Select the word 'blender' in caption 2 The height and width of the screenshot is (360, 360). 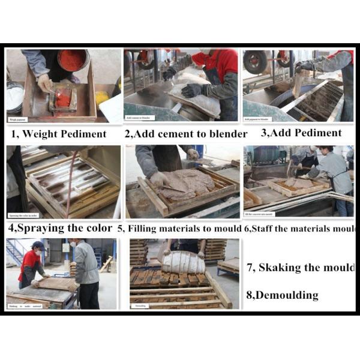click(227, 134)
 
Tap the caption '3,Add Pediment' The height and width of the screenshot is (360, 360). click(301, 133)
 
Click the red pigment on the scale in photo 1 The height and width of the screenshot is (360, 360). click(62, 98)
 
